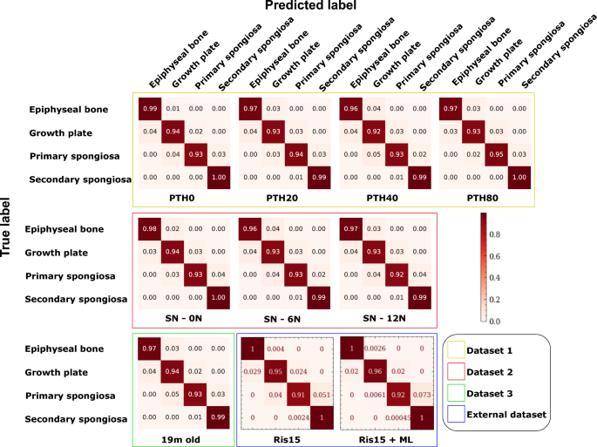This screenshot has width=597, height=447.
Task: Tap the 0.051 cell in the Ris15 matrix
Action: [322, 394]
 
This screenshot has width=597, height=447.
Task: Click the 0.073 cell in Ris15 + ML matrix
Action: [423, 394]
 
